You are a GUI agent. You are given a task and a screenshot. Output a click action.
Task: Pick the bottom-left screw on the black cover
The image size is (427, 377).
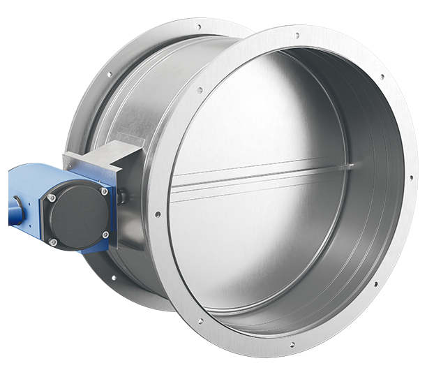[53, 242]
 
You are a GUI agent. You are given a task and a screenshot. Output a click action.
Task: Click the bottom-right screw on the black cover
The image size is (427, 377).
[105, 233]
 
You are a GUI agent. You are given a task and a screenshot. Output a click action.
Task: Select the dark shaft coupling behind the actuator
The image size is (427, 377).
[123, 198]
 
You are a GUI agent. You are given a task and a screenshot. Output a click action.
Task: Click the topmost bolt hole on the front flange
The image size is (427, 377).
[296, 35]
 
